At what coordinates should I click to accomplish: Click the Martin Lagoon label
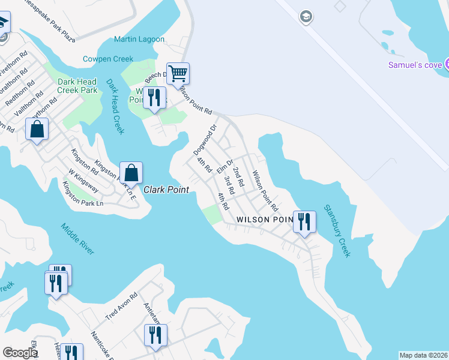139,39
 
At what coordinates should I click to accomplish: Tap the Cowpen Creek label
107,59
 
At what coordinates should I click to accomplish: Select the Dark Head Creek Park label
77,86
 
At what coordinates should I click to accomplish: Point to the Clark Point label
166,190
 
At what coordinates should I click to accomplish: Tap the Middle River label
77,238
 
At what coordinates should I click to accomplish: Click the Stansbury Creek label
337,231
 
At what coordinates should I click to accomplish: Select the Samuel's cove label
415,65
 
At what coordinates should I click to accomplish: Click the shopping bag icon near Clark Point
131,173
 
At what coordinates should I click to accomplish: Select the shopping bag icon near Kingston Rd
37,129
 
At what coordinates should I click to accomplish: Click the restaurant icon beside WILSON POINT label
304,221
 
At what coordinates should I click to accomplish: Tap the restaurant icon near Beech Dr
155,97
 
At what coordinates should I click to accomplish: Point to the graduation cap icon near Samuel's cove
306,16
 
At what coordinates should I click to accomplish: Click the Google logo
20,352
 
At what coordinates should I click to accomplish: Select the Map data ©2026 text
423,355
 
